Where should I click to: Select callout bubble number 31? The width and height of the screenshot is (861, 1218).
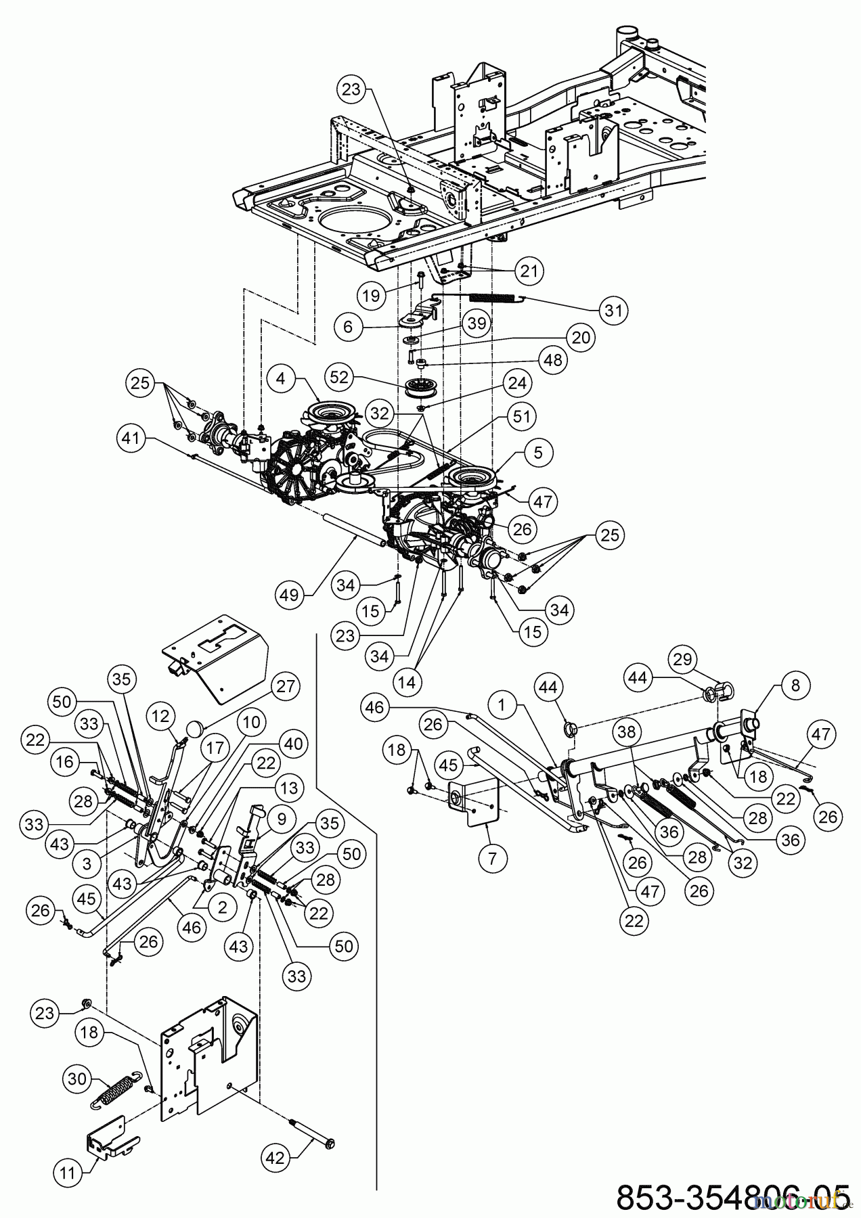(614, 310)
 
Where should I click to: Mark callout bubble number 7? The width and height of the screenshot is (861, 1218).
(492, 858)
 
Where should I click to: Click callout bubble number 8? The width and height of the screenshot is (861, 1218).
(795, 685)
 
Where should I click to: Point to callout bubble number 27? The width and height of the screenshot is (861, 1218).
(285, 686)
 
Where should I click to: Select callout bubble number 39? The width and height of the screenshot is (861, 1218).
(477, 323)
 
